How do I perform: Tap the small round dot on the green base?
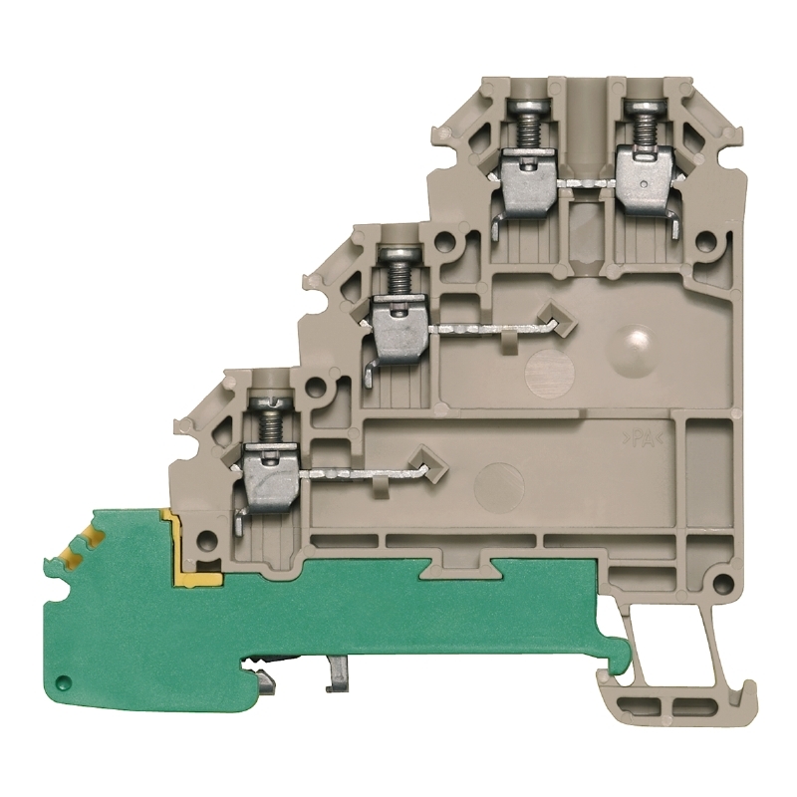[63, 680]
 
